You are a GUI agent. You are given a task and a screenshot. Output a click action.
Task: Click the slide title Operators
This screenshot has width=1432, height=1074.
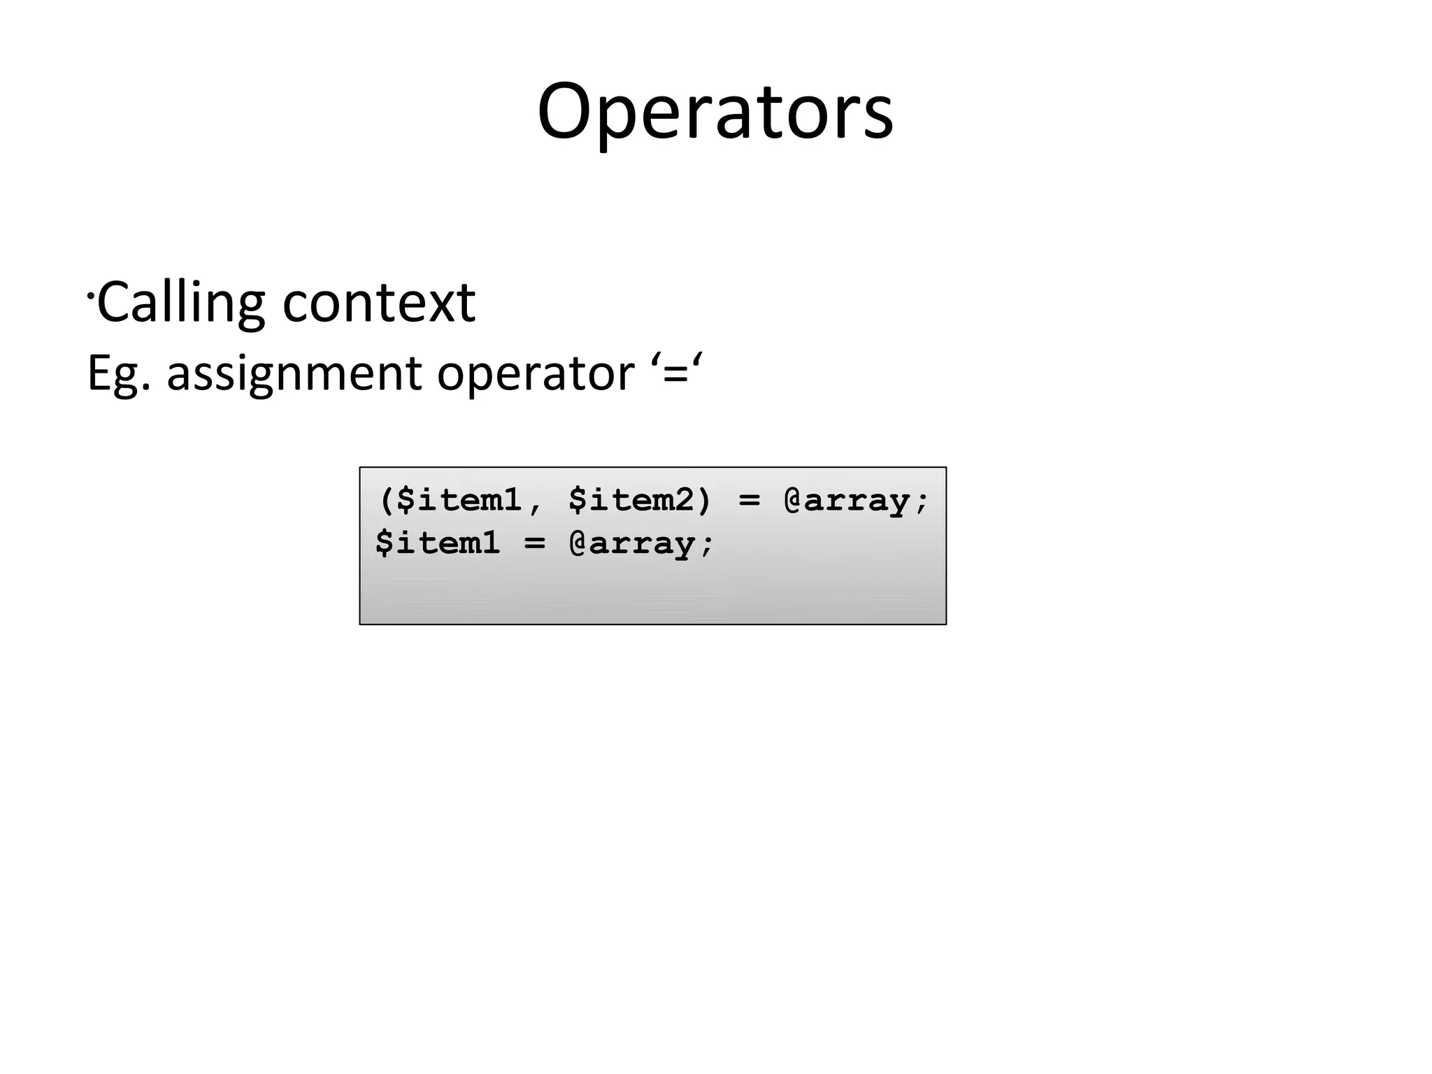(x=715, y=112)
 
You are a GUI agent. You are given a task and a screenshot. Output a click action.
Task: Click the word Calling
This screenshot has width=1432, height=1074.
(x=180, y=302)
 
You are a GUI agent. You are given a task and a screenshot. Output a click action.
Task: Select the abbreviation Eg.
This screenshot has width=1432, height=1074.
(x=117, y=373)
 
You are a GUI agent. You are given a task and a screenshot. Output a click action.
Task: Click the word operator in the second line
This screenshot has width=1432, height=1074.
(x=535, y=373)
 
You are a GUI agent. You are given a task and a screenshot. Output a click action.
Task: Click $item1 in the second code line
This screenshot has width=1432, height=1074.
(x=438, y=543)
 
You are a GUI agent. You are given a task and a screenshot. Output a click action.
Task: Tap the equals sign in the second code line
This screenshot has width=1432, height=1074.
(x=534, y=543)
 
